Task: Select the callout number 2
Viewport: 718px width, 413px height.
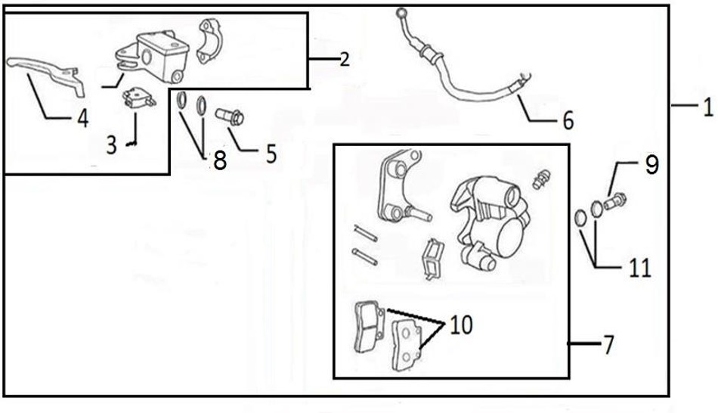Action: coord(344,60)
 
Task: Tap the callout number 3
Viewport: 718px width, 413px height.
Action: coord(112,144)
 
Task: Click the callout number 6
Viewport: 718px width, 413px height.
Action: coord(568,120)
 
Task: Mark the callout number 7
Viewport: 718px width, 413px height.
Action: coord(608,346)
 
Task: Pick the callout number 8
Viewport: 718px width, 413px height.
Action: coord(219,160)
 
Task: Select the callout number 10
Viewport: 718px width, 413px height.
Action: coord(460,325)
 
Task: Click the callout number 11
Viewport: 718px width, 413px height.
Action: coord(640,267)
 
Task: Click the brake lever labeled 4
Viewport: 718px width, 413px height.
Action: coord(45,72)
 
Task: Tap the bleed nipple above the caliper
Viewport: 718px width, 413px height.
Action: coord(540,180)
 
